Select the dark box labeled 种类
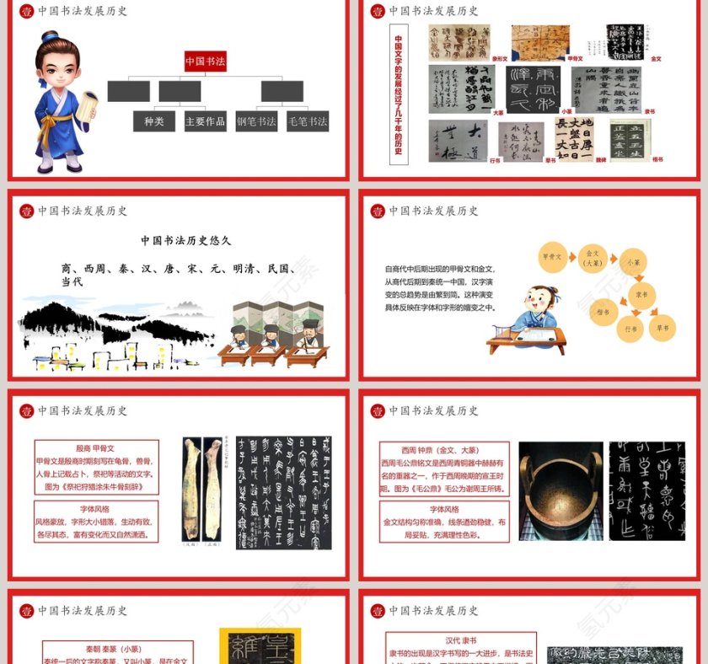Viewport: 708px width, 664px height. (154, 121)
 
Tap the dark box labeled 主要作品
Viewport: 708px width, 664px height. (206, 121)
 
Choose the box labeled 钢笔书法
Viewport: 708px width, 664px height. (256, 121)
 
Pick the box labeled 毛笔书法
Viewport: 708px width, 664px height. (308, 121)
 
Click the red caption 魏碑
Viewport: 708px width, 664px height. (601, 159)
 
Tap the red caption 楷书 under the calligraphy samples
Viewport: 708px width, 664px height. (657, 159)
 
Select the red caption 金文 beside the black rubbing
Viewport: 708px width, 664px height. (657, 59)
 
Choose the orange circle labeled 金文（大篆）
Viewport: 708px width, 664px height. (593, 256)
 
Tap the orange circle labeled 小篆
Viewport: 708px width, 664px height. (632, 263)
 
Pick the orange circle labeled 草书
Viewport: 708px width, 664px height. (663, 328)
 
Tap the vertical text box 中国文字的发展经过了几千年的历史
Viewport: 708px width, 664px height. (399, 94)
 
